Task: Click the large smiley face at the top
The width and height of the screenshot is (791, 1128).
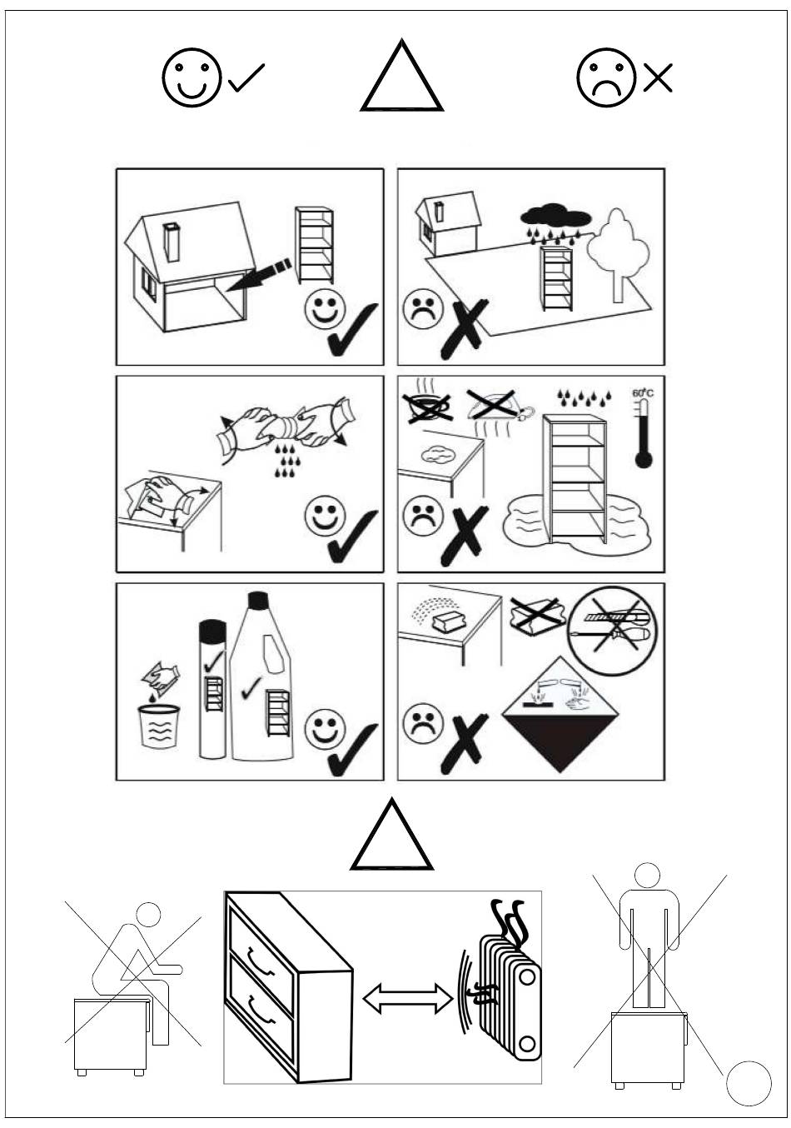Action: pyautogui.click(x=192, y=77)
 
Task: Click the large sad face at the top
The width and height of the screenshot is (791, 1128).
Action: pyautogui.click(x=606, y=77)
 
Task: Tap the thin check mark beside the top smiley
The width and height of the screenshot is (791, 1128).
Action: pyautogui.click(x=246, y=78)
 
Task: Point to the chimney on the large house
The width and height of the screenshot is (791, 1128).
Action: pyautogui.click(x=172, y=242)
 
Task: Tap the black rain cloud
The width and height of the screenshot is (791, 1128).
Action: pyautogui.click(x=555, y=216)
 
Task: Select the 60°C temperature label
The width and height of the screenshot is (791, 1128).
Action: pyautogui.click(x=643, y=392)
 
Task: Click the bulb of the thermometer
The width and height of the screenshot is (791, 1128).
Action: pyautogui.click(x=644, y=459)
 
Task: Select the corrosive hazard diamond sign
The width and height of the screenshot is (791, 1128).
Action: pyautogui.click(x=560, y=715)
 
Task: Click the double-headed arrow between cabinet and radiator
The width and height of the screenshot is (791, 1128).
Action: pyautogui.click(x=408, y=999)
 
